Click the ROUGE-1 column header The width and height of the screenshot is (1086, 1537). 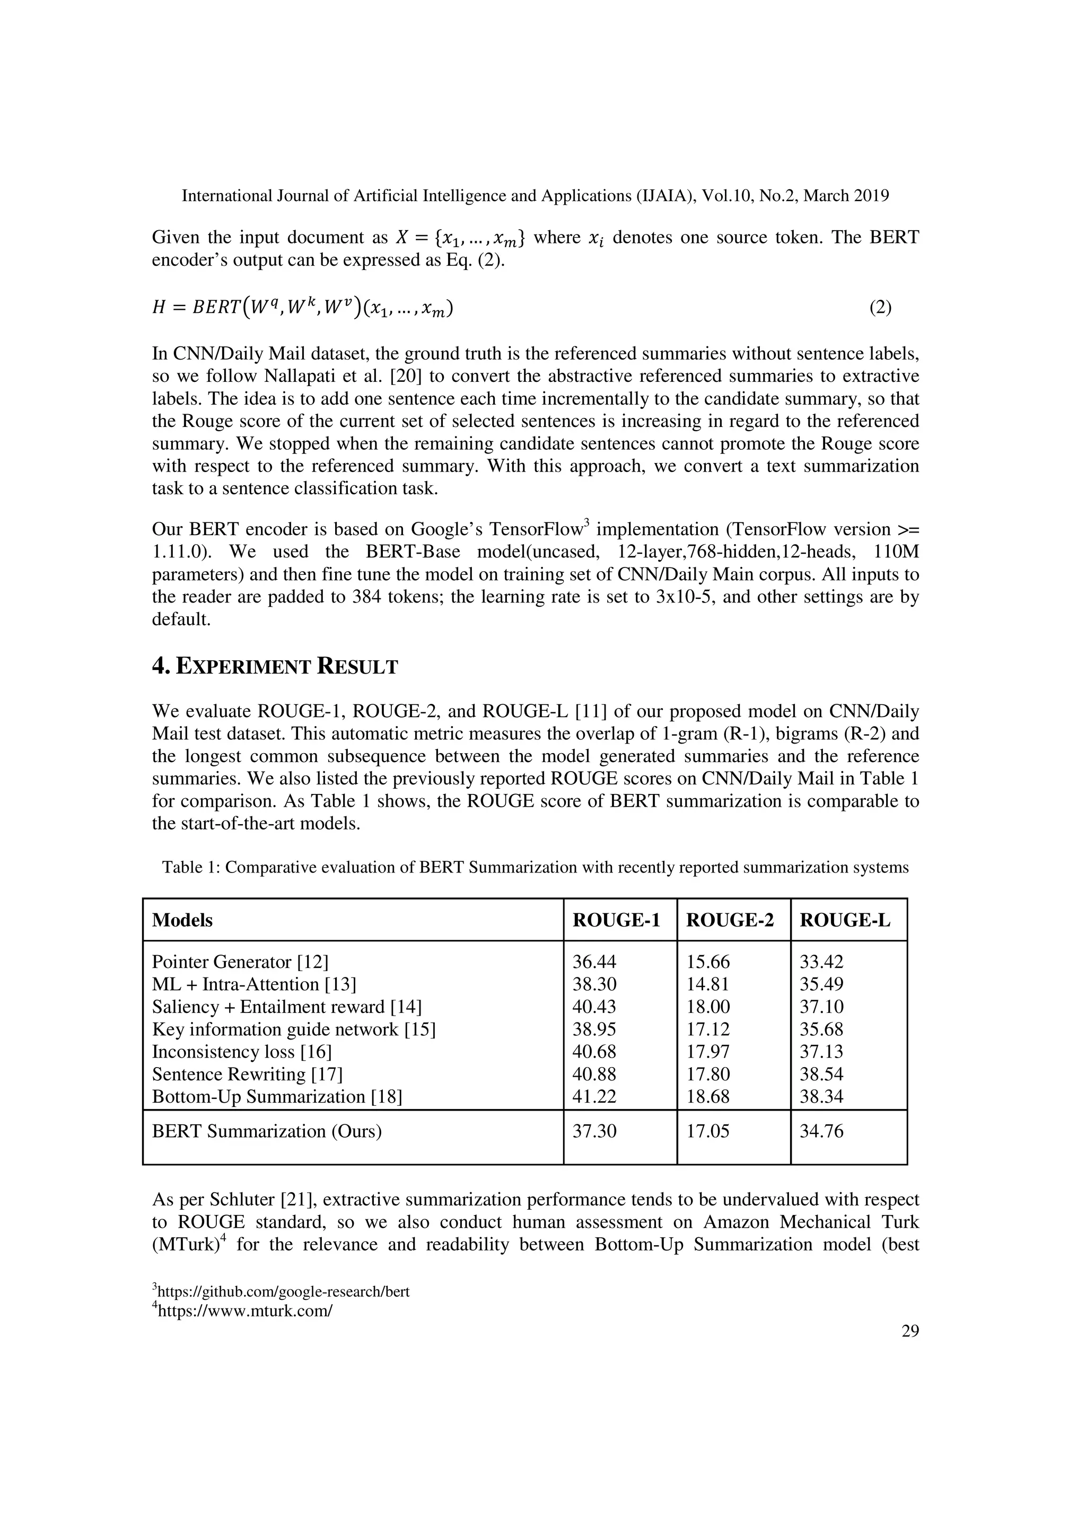tap(616, 921)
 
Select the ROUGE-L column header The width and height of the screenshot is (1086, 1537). tap(844, 921)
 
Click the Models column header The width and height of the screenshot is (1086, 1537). tap(182, 921)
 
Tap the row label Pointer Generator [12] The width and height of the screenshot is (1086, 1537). tap(240, 962)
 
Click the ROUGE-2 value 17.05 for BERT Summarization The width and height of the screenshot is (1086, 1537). tap(708, 1131)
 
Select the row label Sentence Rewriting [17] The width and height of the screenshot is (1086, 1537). tap(247, 1075)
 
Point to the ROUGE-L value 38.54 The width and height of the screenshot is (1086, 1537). tap(822, 1075)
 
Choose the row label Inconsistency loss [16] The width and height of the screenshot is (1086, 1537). tap(242, 1052)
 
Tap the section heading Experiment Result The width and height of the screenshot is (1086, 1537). tap(275, 667)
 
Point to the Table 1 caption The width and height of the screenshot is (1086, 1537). tap(535, 868)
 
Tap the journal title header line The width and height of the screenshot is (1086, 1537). tap(535, 196)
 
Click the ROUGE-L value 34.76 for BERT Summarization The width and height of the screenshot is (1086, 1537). tap(822, 1131)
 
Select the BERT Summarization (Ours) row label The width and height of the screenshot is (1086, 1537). tap(267, 1131)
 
